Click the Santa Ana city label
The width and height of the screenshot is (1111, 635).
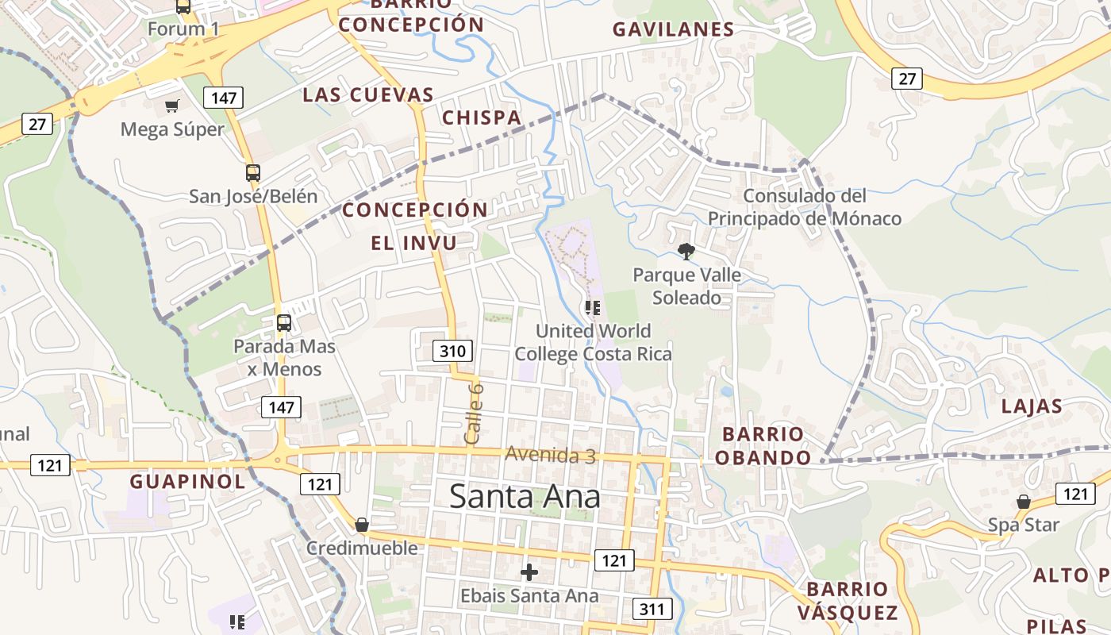tap(525, 497)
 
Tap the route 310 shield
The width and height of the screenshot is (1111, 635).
tap(453, 350)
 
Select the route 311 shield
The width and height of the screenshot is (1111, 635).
tap(653, 609)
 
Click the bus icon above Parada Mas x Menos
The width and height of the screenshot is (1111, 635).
tap(283, 323)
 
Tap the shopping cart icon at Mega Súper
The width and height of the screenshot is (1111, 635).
tap(171, 106)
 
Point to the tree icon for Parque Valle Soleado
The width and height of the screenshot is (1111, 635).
tap(686, 252)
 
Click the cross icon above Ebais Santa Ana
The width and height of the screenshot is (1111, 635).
tap(529, 571)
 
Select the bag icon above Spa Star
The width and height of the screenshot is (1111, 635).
tap(1024, 502)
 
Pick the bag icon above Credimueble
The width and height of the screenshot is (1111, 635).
tap(362, 525)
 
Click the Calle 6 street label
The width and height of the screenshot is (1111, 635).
tap(473, 414)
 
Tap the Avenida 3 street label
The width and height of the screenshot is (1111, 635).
tap(551, 455)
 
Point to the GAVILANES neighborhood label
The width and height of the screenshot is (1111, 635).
tap(673, 30)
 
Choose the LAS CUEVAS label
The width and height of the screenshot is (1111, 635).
tap(368, 95)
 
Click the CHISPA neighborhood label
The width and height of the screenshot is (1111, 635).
tap(482, 118)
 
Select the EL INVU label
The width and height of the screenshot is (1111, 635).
tap(414, 243)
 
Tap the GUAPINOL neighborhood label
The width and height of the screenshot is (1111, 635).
tap(187, 482)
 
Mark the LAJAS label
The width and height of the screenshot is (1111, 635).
tap(1032, 406)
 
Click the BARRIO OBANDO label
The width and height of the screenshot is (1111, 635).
tap(763, 446)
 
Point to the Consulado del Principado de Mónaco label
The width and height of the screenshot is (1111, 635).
tap(805, 207)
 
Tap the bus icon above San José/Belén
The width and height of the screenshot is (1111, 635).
tap(253, 172)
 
